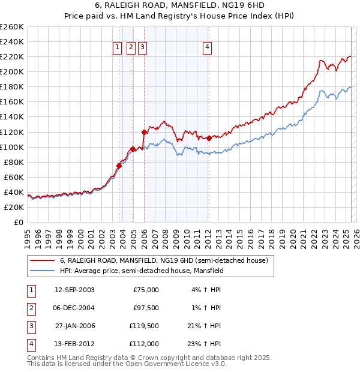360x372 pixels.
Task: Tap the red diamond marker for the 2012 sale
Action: tap(209, 138)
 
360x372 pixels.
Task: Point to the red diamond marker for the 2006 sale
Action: tap(145, 132)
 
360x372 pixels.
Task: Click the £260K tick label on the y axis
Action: tap(11, 27)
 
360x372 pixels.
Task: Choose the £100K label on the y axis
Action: tap(11, 147)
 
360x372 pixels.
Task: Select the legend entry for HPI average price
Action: tap(142, 271)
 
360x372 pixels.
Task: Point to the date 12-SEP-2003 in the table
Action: tap(74, 290)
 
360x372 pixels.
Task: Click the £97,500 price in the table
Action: tap(146, 308)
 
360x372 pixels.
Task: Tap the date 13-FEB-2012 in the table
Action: tap(74, 344)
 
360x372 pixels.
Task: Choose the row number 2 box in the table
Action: tap(30, 308)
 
